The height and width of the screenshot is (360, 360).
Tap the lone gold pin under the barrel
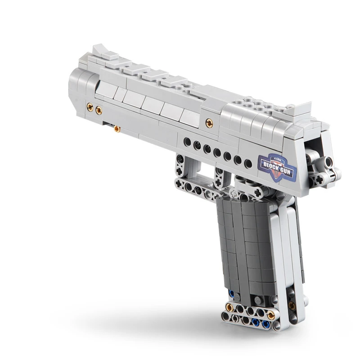(x=117, y=129)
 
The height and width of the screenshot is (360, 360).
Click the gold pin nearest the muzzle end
(x=90, y=107)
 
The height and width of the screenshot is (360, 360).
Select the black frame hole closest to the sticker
(x=248, y=163)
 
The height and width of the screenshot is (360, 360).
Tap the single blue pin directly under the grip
(x=232, y=293)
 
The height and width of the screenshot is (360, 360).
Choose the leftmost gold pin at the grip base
(x=229, y=307)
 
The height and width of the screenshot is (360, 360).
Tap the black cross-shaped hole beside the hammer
(x=320, y=180)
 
